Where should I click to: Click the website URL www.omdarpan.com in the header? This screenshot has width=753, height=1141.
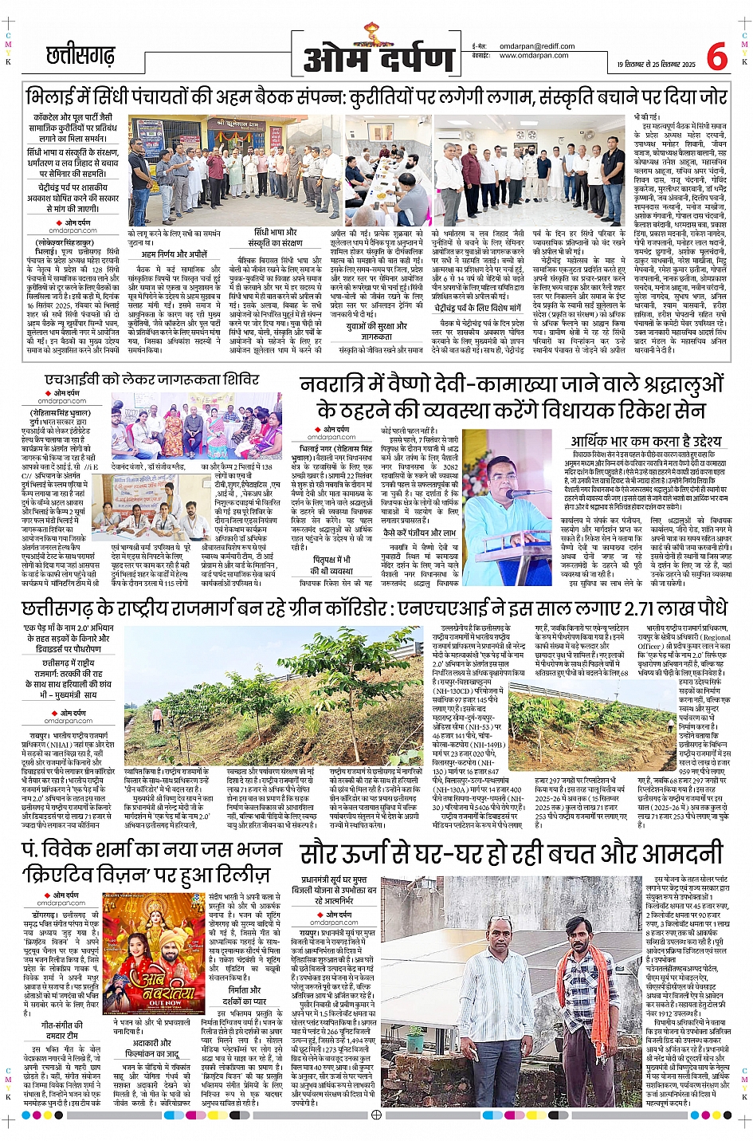(534, 56)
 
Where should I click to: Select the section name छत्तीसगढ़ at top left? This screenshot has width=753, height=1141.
(80, 56)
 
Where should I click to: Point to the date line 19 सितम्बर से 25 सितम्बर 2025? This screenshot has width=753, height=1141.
(656, 65)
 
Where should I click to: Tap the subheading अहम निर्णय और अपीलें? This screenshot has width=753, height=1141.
(175, 254)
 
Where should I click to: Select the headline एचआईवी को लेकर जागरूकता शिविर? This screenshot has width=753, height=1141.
(151, 380)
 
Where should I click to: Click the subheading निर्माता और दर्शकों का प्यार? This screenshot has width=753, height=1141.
(244, 996)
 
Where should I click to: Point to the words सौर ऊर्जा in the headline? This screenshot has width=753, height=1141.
(358, 855)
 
